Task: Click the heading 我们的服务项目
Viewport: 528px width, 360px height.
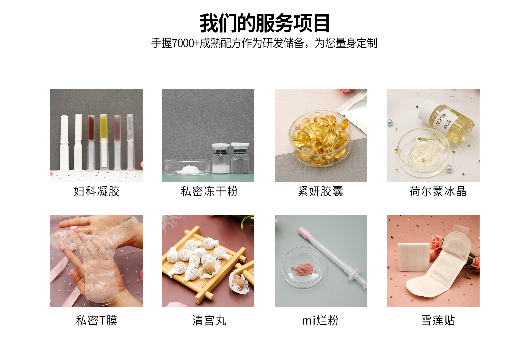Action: click(264, 23)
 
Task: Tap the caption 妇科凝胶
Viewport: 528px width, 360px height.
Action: click(97, 191)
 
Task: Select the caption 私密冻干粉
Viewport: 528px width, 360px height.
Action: click(209, 191)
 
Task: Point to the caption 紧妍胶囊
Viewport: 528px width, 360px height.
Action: click(320, 191)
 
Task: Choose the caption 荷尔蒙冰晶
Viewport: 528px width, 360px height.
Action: click(438, 191)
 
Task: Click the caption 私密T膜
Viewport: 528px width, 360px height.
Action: click(97, 320)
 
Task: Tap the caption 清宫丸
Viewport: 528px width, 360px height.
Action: click(209, 320)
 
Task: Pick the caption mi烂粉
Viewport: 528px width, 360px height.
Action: click(320, 320)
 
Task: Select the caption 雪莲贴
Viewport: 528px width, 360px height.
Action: click(438, 320)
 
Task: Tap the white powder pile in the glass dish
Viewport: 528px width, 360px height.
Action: click(189, 169)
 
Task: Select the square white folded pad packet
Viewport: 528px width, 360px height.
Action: click(414, 257)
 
